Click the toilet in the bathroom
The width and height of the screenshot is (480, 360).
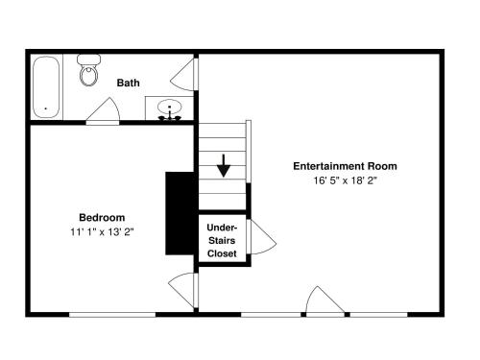[88, 70]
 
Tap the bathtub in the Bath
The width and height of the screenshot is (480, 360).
[46, 87]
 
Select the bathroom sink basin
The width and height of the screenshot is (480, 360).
[170, 107]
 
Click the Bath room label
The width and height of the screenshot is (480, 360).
[128, 83]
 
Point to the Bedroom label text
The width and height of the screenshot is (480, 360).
[102, 218]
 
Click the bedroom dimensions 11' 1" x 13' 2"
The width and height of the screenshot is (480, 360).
[102, 231]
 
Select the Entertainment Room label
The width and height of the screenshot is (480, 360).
[345, 166]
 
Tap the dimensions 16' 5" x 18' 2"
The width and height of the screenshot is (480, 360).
[345, 180]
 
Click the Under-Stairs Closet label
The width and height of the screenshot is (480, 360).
[222, 240]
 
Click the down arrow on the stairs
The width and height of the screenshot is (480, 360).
[224, 165]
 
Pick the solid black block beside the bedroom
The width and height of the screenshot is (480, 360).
[180, 213]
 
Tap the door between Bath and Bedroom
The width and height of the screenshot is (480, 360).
[103, 110]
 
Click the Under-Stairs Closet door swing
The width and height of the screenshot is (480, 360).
[262, 237]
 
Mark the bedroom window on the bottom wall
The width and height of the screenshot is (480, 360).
[112, 315]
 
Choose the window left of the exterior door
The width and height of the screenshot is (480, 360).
[271, 315]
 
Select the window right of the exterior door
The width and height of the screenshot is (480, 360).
[378, 315]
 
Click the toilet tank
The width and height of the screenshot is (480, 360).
[88, 60]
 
